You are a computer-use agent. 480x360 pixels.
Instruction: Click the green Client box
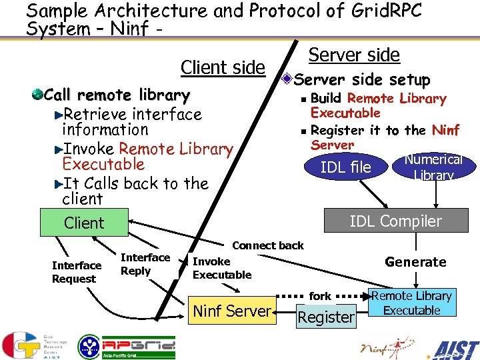click(x=84, y=223)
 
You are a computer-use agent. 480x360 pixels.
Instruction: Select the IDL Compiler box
click(x=395, y=221)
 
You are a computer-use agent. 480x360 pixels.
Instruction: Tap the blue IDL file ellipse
click(x=345, y=167)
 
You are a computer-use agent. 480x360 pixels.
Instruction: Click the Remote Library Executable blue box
click(x=411, y=303)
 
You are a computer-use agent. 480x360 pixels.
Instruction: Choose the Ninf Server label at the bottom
click(x=232, y=310)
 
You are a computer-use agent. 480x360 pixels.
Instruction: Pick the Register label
click(x=326, y=317)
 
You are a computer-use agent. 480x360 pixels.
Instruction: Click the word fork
click(x=320, y=295)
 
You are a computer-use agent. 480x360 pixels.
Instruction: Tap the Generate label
click(x=415, y=262)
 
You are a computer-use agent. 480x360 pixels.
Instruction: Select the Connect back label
click(x=267, y=245)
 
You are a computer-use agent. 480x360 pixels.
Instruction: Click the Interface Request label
click(x=76, y=272)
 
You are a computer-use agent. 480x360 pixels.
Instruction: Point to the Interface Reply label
click(x=145, y=264)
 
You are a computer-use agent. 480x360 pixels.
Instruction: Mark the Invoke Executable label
click(x=221, y=268)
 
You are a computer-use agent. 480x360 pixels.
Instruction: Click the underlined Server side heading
click(x=354, y=55)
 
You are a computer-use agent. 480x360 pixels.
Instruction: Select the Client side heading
click(x=223, y=67)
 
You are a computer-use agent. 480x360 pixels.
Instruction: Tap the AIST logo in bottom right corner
click(x=455, y=348)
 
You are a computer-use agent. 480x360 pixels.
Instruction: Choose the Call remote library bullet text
click(x=117, y=95)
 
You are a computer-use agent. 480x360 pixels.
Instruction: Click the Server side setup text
click(x=362, y=80)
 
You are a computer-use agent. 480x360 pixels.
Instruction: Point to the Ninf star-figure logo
click(x=387, y=347)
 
